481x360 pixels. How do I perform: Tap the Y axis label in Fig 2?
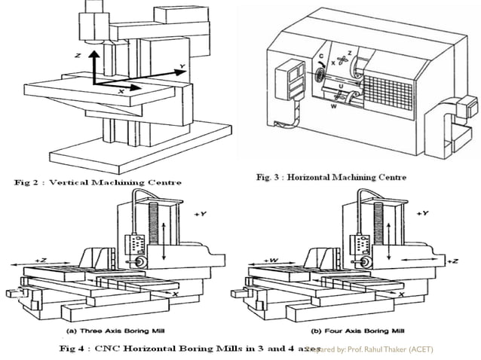181,68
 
